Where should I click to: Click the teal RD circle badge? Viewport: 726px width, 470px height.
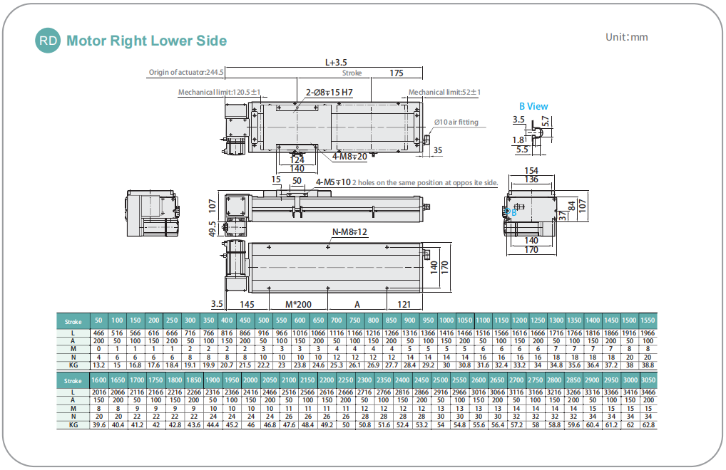[x=48, y=41]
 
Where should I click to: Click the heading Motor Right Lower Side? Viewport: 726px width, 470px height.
[x=146, y=41]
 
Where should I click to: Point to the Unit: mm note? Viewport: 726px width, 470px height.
[x=626, y=37]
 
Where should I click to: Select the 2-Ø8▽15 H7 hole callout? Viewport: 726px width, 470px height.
[x=329, y=93]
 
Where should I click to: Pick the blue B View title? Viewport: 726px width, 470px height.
[x=533, y=106]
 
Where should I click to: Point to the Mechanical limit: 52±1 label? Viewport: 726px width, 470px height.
[x=444, y=92]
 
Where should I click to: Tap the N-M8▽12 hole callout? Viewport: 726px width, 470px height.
[x=349, y=232]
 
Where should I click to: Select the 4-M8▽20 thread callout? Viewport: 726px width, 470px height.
[x=349, y=157]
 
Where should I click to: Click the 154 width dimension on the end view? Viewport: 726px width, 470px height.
[x=531, y=171]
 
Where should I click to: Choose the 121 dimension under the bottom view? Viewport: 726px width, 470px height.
[x=403, y=303]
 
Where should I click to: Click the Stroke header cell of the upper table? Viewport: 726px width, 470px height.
[x=73, y=321]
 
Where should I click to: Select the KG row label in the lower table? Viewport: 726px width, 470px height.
[x=73, y=424]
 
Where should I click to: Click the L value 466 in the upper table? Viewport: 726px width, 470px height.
[x=98, y=333]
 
